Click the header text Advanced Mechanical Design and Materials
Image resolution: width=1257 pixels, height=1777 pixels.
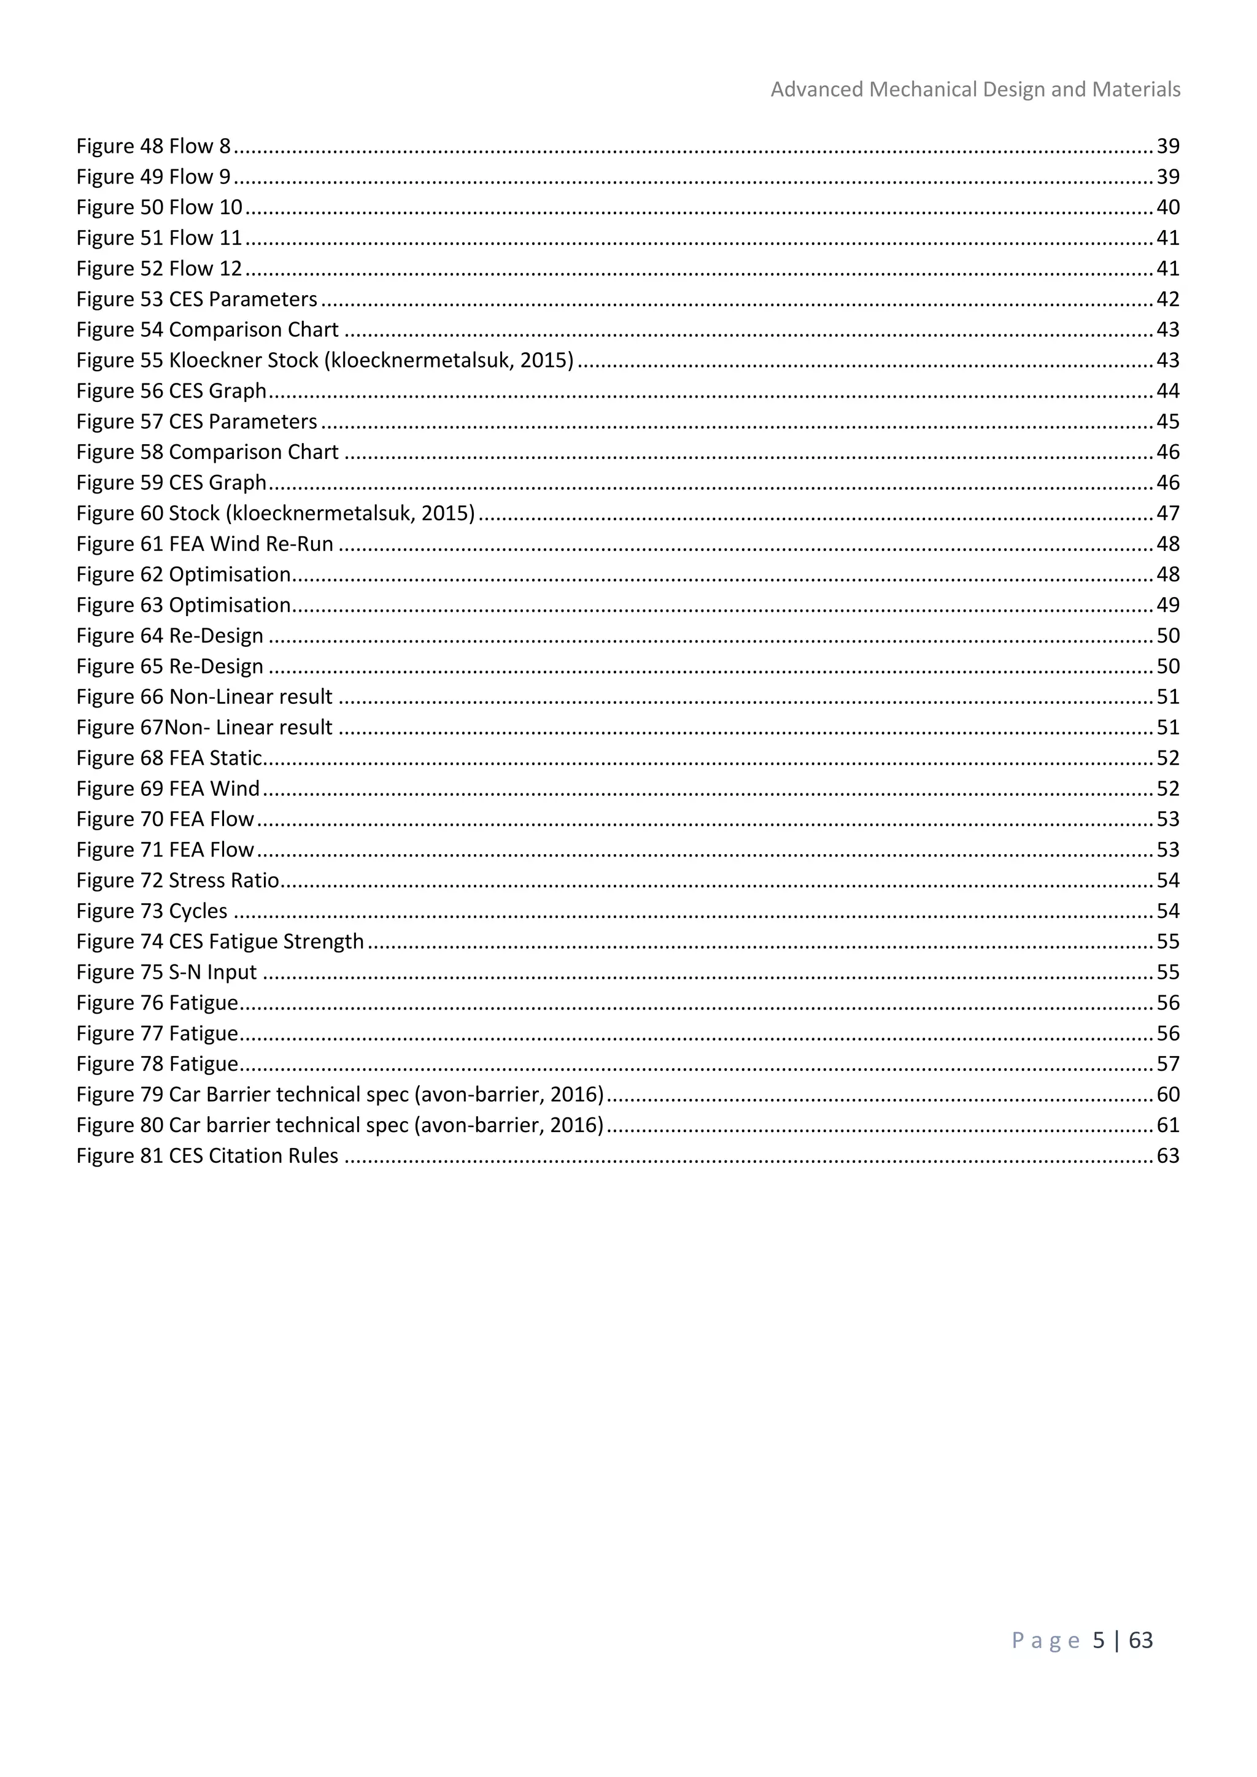pos(975,90)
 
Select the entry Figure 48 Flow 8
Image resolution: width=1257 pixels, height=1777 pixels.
pos(153,146)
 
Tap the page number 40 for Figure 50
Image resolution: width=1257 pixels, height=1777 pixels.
pos(1167,207)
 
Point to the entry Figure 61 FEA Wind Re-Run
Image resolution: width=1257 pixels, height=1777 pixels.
pos(204,544)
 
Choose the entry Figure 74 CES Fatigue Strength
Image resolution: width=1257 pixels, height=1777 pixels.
pos(220,942)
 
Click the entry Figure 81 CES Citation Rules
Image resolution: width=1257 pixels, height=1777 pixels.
pos(207,1156)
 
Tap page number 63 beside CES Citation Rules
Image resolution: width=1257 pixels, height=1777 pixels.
pos(1167,1156)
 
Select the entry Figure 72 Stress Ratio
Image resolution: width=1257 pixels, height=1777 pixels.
pos(177,881)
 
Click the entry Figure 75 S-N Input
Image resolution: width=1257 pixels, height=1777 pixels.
pos(166,973)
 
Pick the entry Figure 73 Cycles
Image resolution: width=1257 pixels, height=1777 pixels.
pos(152,912)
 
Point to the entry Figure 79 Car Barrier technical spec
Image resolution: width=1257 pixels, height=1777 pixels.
pos(340,1095)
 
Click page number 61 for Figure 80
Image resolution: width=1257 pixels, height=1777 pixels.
pos(1167,1125)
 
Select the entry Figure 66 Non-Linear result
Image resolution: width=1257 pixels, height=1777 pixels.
pos(204,697)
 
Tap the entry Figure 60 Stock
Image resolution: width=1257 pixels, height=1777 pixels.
pos(275,514)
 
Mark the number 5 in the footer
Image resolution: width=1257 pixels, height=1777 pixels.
pos(1098,1641)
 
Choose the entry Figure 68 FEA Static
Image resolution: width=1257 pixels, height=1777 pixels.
pos(169,758)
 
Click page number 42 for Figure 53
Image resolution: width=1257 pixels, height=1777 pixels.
pos(1167,299)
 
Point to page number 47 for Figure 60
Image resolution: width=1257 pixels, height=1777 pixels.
pos(1167,514)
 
